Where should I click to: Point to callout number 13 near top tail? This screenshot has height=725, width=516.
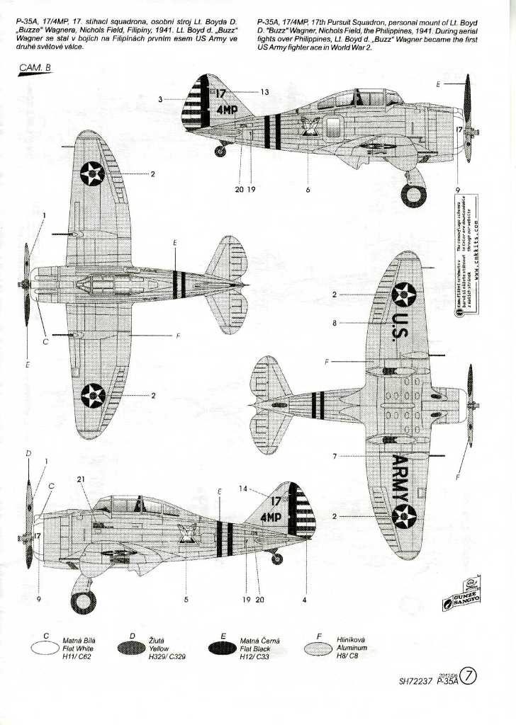pos(264,92)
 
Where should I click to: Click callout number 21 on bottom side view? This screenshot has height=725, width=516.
pos(81,479)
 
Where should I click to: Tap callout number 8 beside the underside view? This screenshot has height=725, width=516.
pos(334,323)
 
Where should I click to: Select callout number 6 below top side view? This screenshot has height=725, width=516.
pos(308,190)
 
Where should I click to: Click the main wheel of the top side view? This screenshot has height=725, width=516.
pos(413,193)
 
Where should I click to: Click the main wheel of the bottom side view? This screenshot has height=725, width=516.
pos(84,603)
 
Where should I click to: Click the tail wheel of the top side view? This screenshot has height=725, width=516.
pos(221,151)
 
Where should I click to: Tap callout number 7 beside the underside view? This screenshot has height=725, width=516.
pos(334,456)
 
